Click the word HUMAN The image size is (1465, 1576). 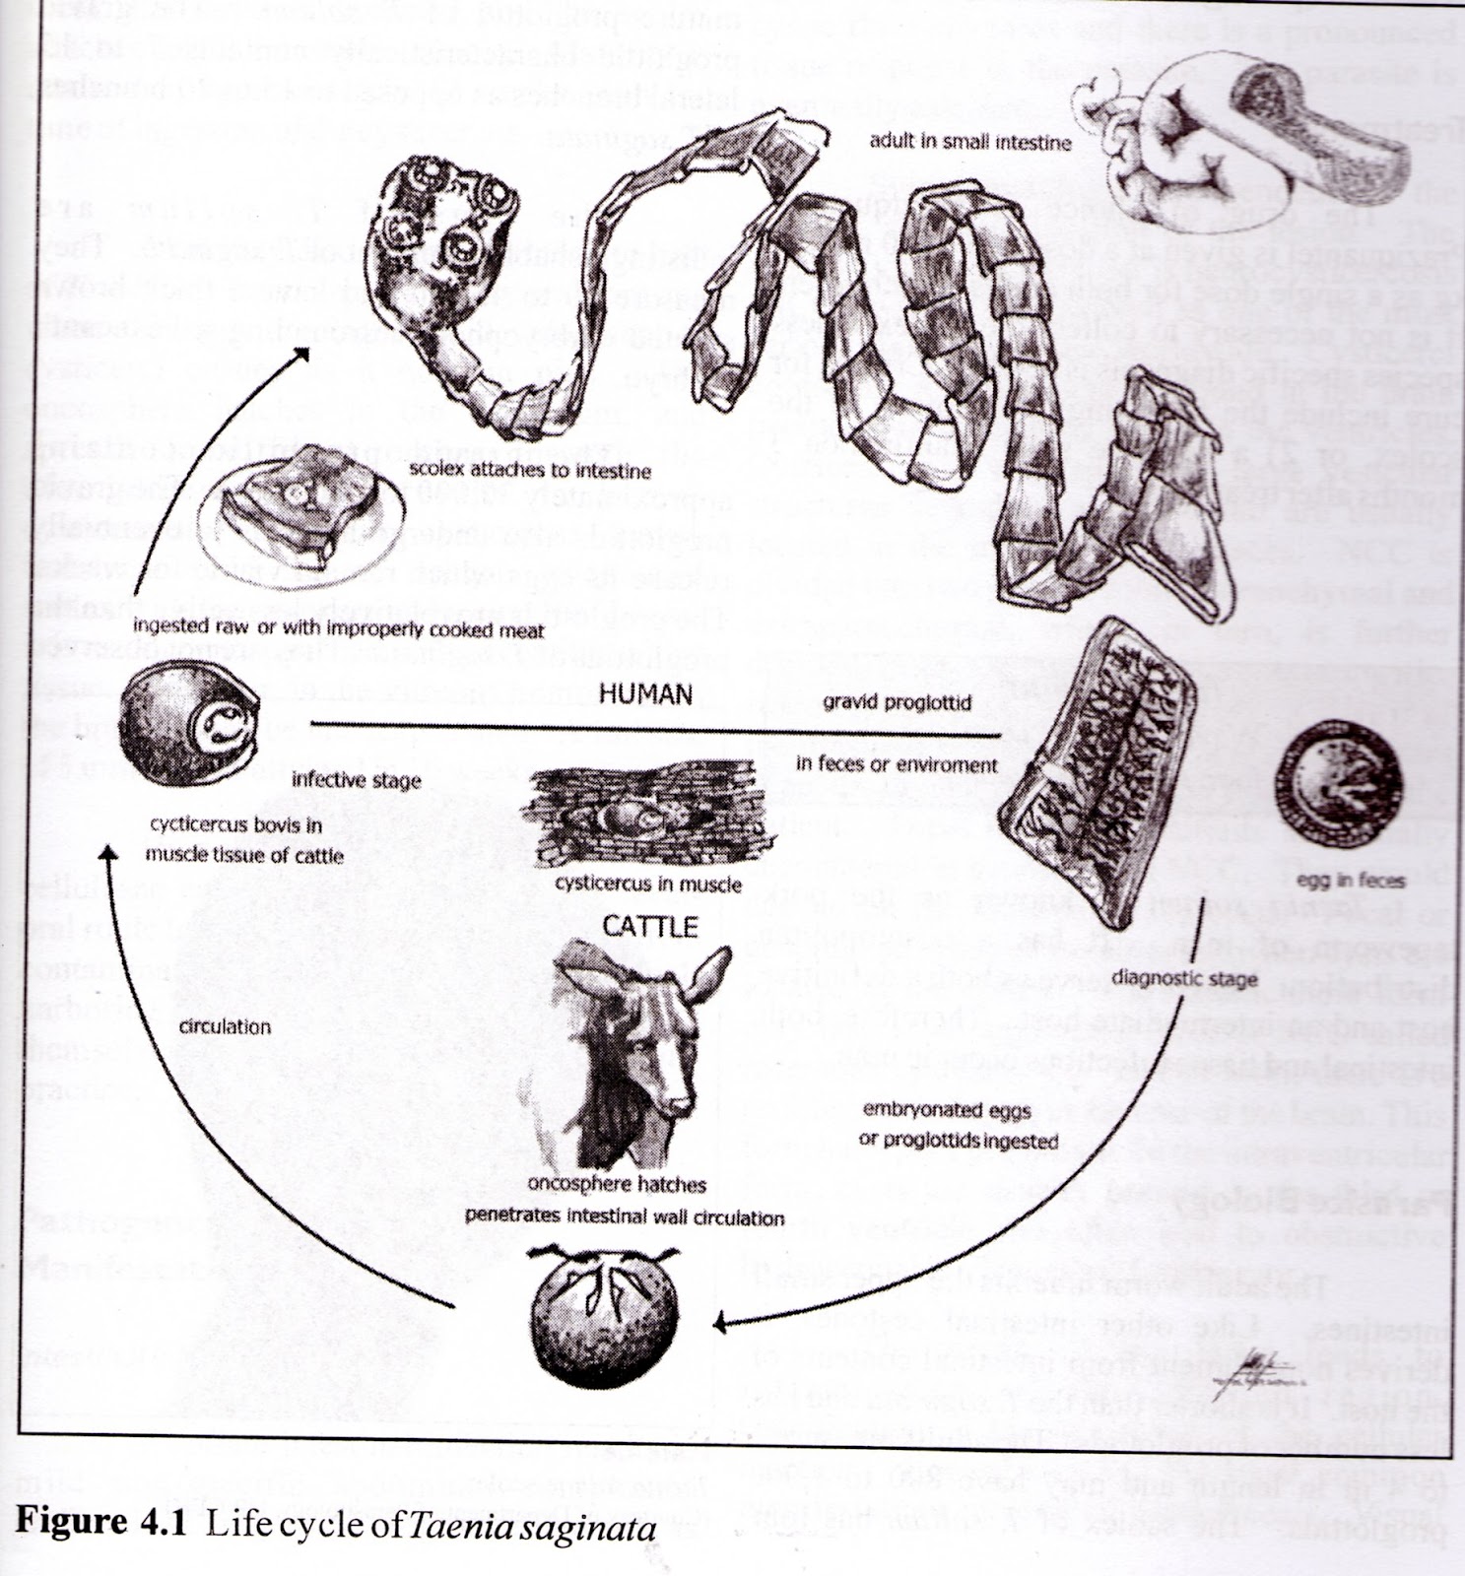pos(645,694)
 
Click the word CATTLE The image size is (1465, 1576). pos(649,926)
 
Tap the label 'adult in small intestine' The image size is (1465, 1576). pos(969,142)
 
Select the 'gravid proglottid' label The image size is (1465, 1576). pos(897,702)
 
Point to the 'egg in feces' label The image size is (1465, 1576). pos(1350,880)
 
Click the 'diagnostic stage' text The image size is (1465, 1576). pos(1194,979)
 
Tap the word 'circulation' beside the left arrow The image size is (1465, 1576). pos(225,1026)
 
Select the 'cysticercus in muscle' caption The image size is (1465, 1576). pos(647,884)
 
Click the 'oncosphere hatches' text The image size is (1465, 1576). pos(618,1184)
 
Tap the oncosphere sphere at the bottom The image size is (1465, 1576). pos(598,1315)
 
